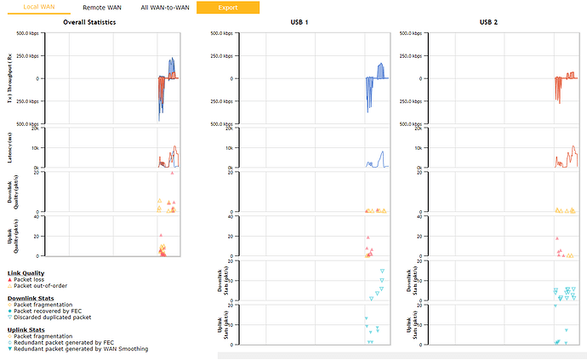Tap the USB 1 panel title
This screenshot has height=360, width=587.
pos(299,22)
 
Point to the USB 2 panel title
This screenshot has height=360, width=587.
pos(487,22)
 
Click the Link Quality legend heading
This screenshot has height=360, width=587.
pos(26,272)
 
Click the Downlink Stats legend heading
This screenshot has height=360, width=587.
pos(31,298)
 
